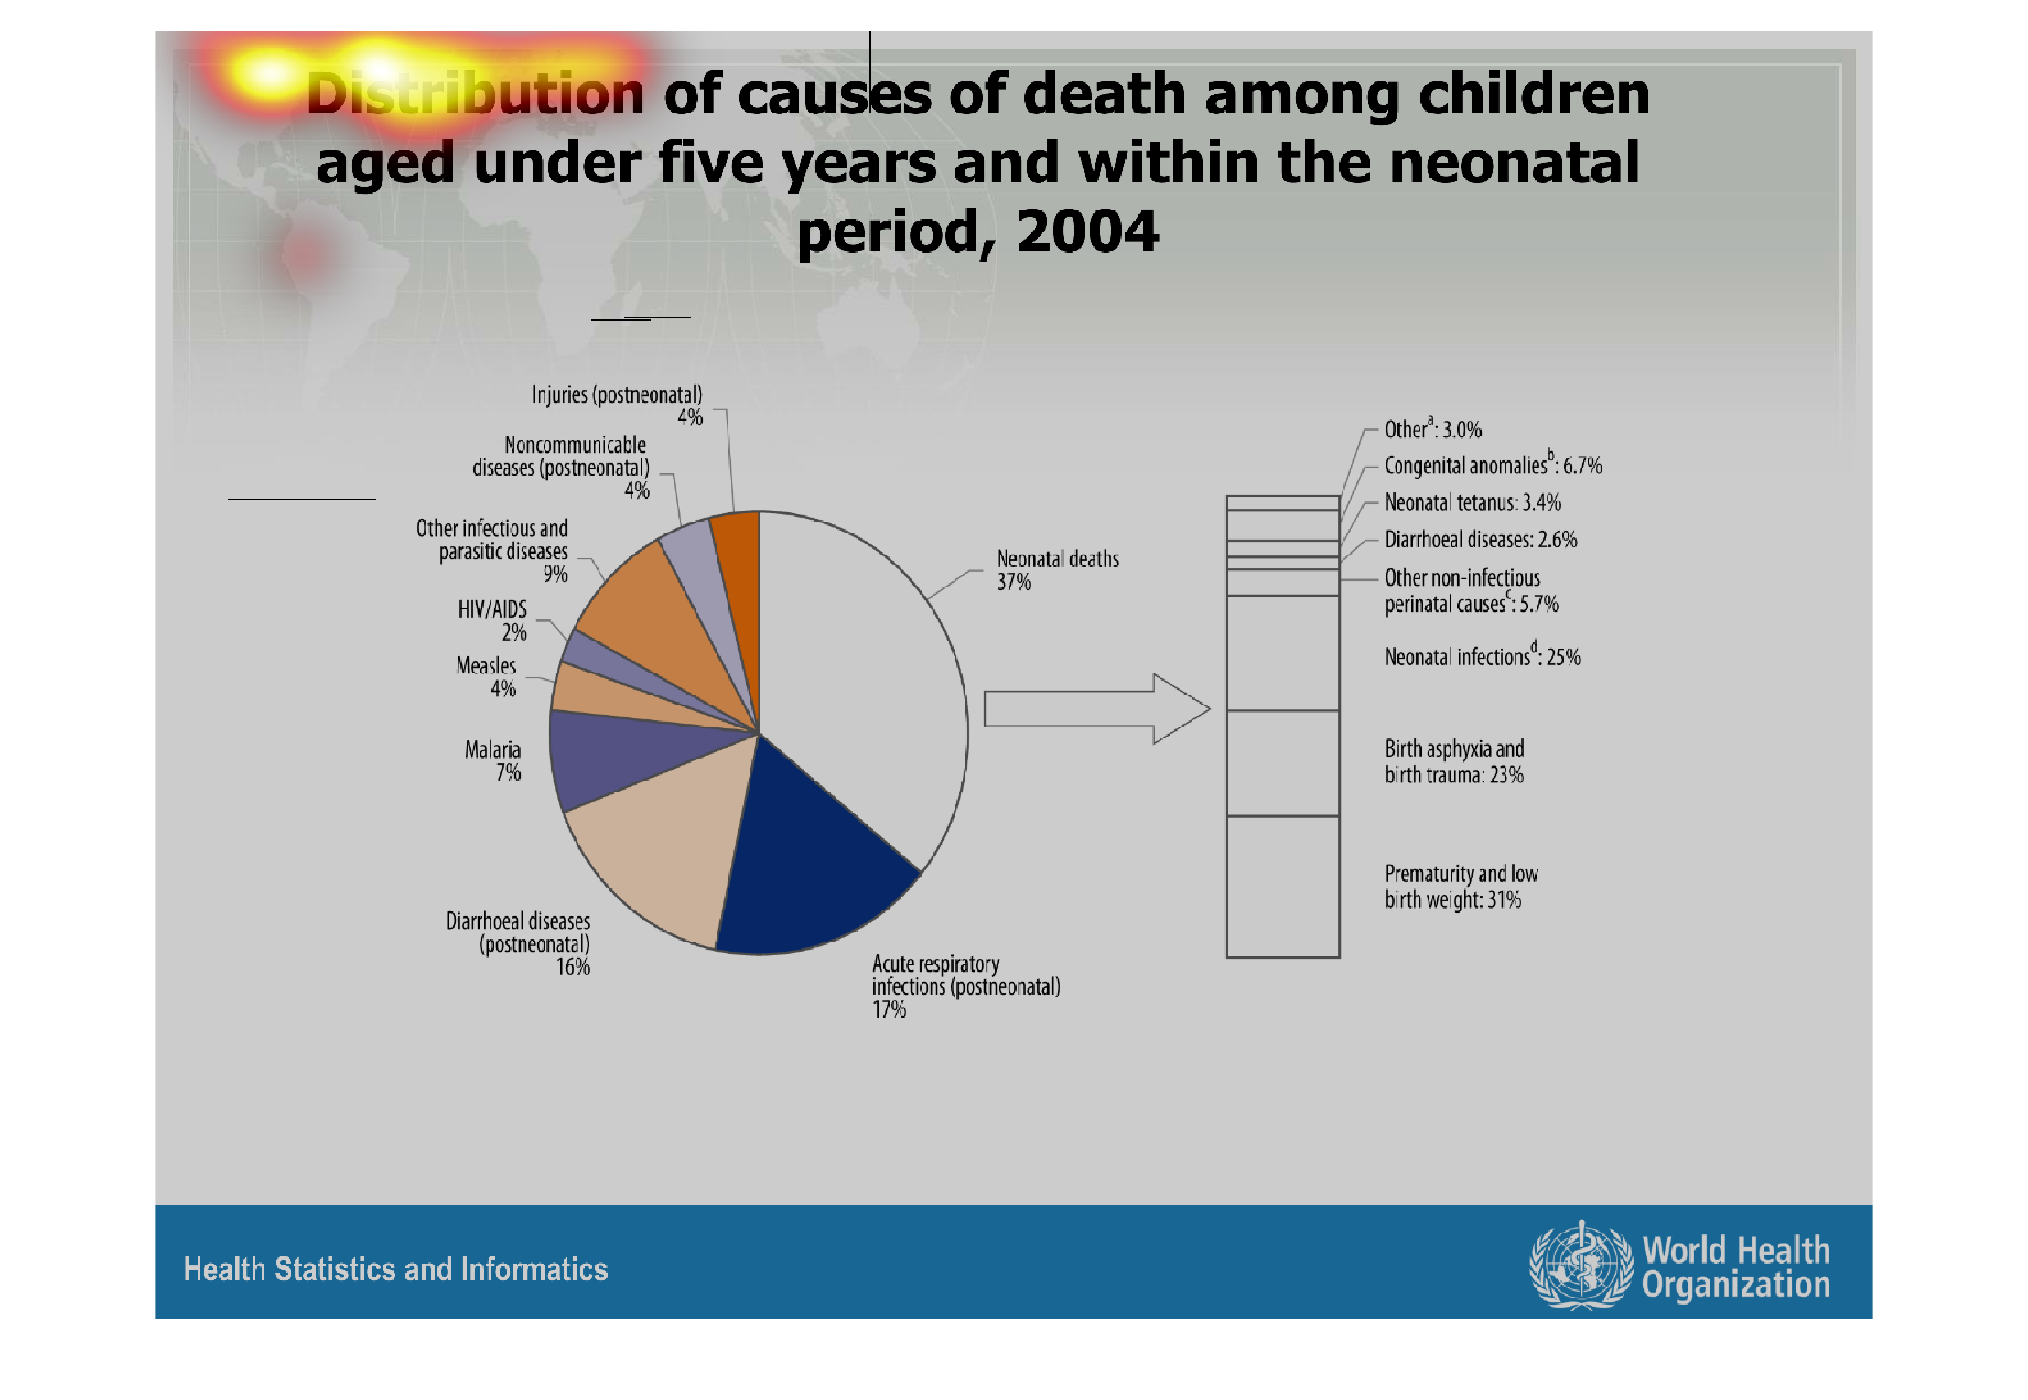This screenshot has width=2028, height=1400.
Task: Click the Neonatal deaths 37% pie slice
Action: tap(860, 677)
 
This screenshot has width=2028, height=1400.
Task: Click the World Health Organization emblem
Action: tap(1580, 1265)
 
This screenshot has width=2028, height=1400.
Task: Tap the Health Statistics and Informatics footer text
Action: tap(395, 1269)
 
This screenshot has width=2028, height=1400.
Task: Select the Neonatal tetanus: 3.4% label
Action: tap(1472, 502)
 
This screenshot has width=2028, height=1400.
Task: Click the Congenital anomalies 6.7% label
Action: tap(1493, 465)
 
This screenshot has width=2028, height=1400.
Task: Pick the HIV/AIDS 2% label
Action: tap(493, 620)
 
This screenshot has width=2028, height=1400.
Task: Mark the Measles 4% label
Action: tap(487, 677)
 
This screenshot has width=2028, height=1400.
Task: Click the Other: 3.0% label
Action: tap(1432, 429)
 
